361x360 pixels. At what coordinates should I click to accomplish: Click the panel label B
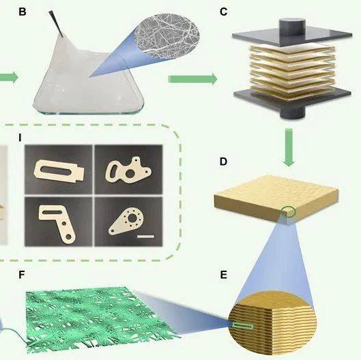(x=23, y=12)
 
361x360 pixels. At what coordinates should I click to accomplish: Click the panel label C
(x=224, y=12)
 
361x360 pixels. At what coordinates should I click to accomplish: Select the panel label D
(x=223, y=162)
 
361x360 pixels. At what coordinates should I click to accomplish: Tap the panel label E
(x=223, y=275)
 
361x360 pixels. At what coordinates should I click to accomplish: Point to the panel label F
(x=22, y=275)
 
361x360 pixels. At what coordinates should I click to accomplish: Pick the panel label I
(x=20, y=138)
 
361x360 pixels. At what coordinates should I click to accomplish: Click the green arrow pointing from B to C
(x=192, y=79)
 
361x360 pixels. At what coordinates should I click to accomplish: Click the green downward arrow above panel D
(x=289, y=147)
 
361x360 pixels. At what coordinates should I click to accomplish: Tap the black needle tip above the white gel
(x=62, y=36)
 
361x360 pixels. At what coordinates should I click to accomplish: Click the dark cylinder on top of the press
(x=292, y=27)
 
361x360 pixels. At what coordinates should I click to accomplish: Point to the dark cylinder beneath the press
(x=292, y=112)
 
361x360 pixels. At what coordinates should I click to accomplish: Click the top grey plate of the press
(x=292, y=35)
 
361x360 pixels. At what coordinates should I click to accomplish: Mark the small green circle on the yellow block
(x=289, y=211)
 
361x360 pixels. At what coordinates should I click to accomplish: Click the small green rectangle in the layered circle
(x=243, y=326)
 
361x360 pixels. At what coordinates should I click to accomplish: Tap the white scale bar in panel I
(x=145, y=237)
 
